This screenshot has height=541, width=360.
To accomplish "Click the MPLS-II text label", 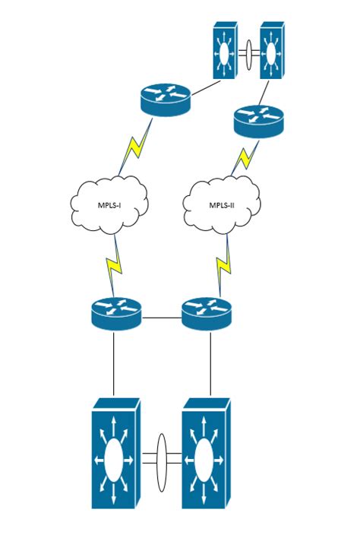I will (x=222, y=205).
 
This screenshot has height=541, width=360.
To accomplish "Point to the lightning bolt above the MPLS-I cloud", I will (x=131, y=154).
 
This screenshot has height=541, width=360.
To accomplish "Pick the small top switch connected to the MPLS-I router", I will (x=225, y=51).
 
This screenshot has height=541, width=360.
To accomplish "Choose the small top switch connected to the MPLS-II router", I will (x=271, y=51).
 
